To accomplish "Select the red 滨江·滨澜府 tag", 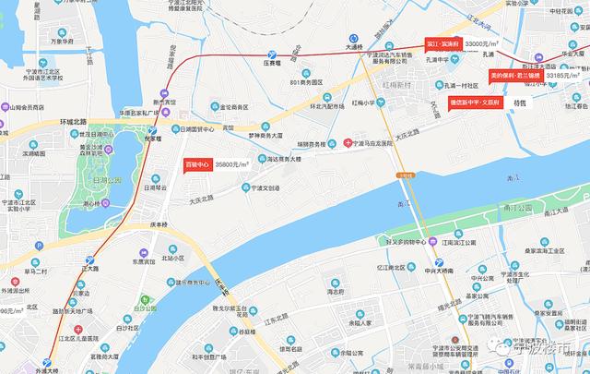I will [443, 44].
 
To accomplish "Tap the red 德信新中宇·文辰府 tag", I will [478, 103].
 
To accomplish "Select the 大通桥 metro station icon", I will [353, 37].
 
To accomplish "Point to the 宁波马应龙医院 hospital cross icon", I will [347, 143].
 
